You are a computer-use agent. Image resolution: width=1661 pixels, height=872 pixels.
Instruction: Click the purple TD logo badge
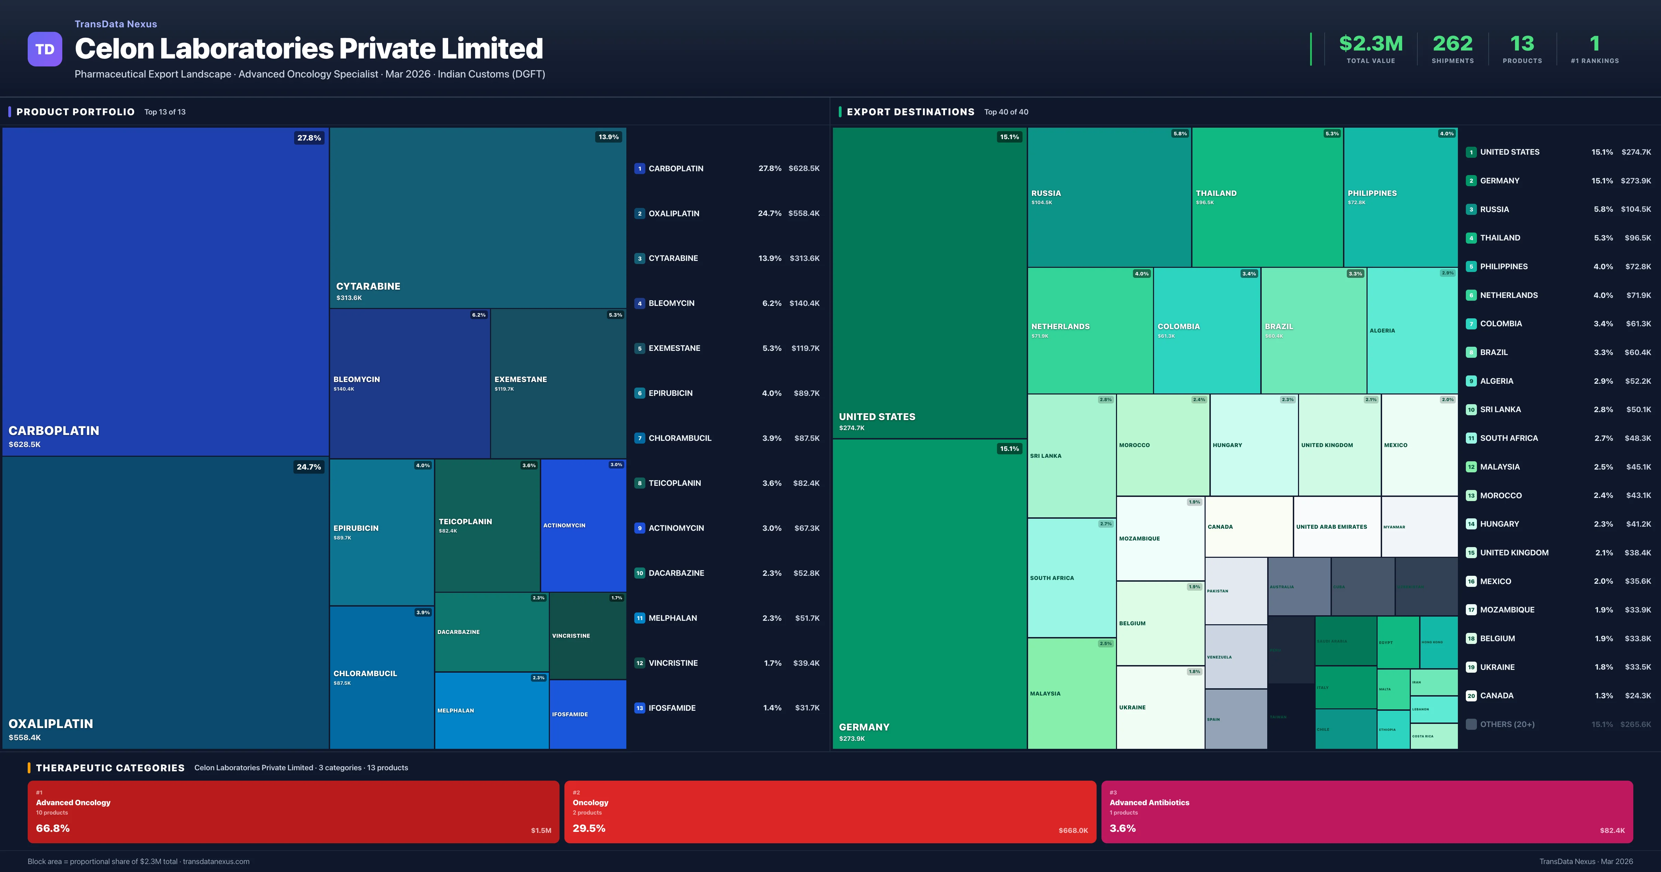click(x=45, y=49)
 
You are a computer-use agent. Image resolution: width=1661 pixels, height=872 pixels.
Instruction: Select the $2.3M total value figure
click(x=1370, y=44)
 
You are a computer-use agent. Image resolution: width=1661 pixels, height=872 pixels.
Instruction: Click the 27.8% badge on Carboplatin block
click(x=309, y=138)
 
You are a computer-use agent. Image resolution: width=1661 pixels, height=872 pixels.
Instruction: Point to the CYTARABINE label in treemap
click(x=368, y=287)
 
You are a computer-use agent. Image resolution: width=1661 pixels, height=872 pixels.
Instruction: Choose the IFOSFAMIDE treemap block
click(x=588, y=714)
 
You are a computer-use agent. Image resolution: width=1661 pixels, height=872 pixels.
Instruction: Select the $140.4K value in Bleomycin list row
click(x=804, y=303)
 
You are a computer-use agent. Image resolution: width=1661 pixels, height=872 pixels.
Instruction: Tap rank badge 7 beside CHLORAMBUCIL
click(x=639, y=438)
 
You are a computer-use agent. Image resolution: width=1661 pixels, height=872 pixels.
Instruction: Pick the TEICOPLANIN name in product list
click(x=674, y=483)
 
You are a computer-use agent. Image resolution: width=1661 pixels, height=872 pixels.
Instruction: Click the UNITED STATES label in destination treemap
click(x=877, y=417)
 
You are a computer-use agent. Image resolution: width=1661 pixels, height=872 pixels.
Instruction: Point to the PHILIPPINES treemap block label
click(x=1372, y=193)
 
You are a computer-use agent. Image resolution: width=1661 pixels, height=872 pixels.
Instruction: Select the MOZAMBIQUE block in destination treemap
click(x=1160, y=538)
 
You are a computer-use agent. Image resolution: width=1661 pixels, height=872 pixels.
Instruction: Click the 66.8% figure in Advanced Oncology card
click(x=53, y=828)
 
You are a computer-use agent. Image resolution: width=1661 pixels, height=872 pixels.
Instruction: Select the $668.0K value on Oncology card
click(x=1073, y=831)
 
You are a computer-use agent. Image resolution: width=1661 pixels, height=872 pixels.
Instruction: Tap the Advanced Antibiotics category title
click(x=1149, y=802)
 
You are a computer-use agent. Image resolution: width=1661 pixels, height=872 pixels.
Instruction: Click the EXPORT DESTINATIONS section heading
click(x=910, y=112)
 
